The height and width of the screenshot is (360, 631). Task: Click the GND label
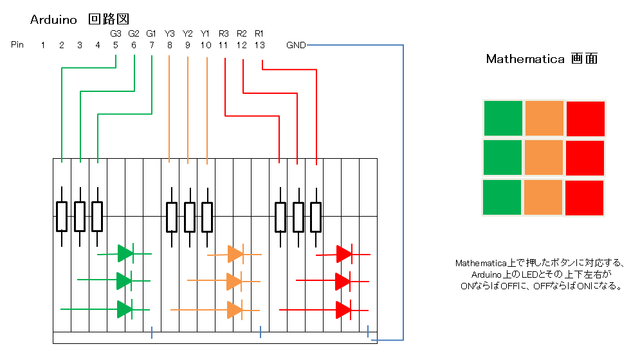[297, 45]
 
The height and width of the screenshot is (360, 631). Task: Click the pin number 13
[259, 45]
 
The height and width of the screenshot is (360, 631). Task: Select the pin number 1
[43, 45]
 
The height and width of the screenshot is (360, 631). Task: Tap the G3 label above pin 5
[115, 33]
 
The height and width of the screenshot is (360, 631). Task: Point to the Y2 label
[188, 33]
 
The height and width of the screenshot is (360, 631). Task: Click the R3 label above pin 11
[223, 33]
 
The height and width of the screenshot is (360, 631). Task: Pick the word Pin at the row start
[17, 45]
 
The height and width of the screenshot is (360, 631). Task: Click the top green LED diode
[125, 253]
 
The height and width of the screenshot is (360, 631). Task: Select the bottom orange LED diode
[235, 310]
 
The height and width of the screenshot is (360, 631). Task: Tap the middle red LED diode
[343, 281]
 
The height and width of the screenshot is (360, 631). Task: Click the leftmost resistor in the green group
[62, 217]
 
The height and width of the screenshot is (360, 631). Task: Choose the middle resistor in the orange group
[189, 217]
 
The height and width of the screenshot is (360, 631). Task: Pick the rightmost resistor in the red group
[316, 217]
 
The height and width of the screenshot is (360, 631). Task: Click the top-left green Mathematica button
[502, 119]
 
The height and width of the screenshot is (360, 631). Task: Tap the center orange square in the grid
[544, 158]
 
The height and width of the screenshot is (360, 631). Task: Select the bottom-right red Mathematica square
[584, 197]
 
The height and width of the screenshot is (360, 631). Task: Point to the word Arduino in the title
[54, 20]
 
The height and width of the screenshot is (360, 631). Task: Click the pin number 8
[169, 45]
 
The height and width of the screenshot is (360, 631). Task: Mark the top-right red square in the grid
[585, 119]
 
